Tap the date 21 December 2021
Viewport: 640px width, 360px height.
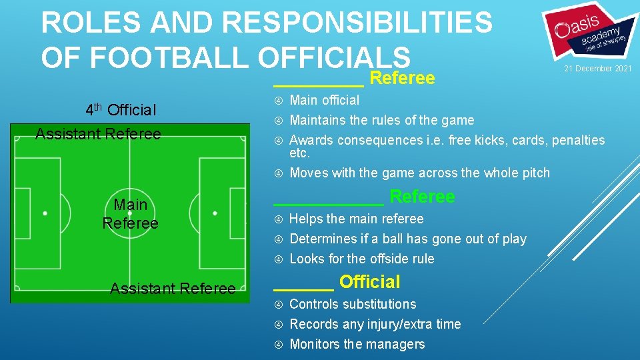click(598, 69)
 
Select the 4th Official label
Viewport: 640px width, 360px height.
click(121, 109)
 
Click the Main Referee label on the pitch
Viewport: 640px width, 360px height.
click(130, 213)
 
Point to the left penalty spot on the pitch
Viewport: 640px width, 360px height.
click(45, 213)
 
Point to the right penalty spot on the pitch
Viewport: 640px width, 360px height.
click(215, 213)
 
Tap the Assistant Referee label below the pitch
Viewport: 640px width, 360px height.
click(173, 289)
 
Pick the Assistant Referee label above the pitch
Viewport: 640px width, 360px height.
click(98, 134)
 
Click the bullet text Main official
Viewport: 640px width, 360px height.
click(324, 100)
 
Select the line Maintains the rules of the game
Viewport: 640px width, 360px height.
click(381, 120)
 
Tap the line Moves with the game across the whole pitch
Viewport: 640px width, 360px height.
click(419, 173)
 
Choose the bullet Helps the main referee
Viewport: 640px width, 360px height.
click(356, 219)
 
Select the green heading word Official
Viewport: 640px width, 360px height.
click(369, 282)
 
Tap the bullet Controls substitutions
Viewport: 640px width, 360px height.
click(353, 304)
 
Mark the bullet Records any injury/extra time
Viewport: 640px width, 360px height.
click(375, 324)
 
